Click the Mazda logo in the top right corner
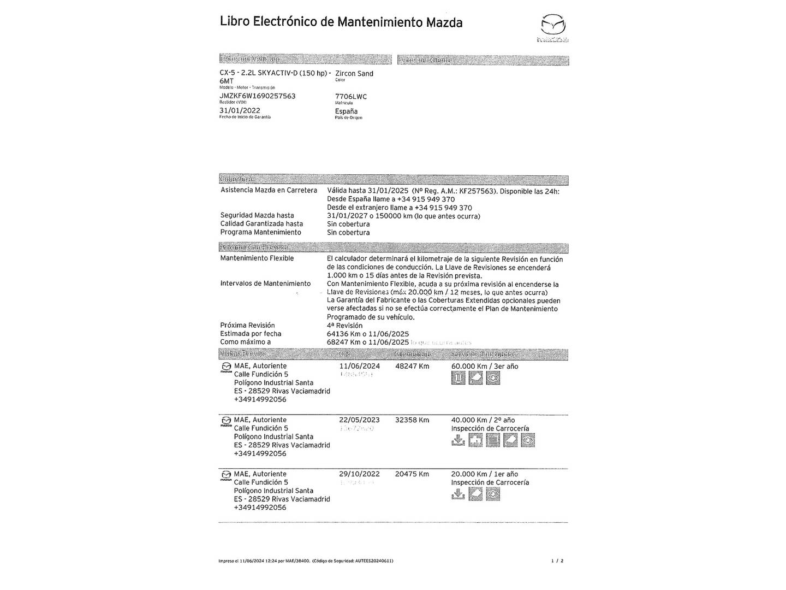pyautogui.click(x=553, y=27)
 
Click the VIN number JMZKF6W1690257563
pyautogui.click(x=257, y=96)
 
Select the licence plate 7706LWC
pyautogui.click(x=351, y=97)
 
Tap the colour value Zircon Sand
pyautogui.click(x=354, y=74)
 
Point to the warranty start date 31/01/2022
pyautogui.click(x=240, y=110)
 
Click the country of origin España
pyautogui.click(x=346, y=111)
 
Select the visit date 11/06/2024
pyautogui.click(x=359, y=366)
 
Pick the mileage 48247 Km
pyautogui.click(x=412, y=366)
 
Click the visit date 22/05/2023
pyautogui.click(x=359, y=420)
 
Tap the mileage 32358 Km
pyautogui.click(x=412, y=420)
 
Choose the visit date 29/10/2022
pyautogui.click(x=359, y=474)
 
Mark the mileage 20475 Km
pyautogui.click(x=412, y=474)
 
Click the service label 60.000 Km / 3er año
pyautogui.click(x=485, y=366)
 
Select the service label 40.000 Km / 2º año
pyautogui.click(x=483, y=420)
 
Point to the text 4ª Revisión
pyautogui.click(x=344, y=326)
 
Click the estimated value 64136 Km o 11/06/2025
pyautogui.click(x=368, y=334)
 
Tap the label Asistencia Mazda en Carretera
pyautogui.click(x=269, y=190)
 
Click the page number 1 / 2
pyautogui.click(x=557, y=560)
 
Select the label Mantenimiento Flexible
pyautogui.click(x=257, y=258)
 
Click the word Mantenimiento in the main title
pyautogui.click(x=379, y=22)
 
